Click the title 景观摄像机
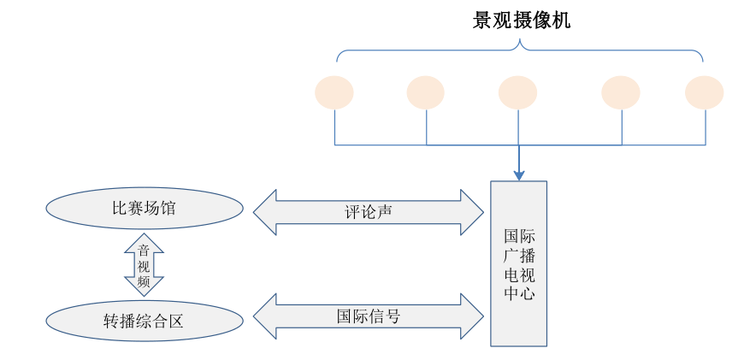[x=521, y=21]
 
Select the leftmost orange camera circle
[x=334, y=92]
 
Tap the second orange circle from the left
[x=425, y=92]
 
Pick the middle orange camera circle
[x=517, y=92]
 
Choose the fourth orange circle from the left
[x=621, y=92]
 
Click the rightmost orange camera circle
[x=705, y=92]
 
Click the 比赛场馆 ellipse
[x=144, y=208]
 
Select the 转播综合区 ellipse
[x=144, y=321]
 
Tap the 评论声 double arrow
[x=369, y=212]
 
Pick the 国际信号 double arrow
[x=369, y=316]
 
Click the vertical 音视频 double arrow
[x=144, y=264]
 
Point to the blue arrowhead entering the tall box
[x=518, y=174]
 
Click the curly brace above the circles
[x=519, y=53]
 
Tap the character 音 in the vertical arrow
[x=144, y=251]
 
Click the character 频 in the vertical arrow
[x=144, y=280]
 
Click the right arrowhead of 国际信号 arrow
[x=472, y=316]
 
